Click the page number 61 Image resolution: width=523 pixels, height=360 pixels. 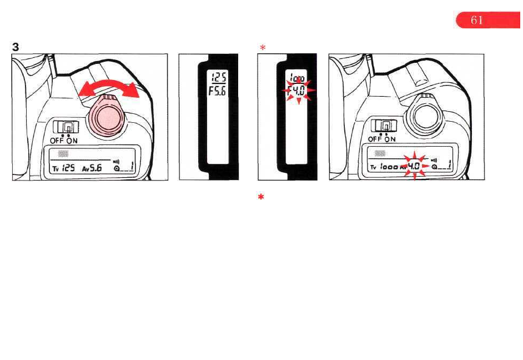(476, 21)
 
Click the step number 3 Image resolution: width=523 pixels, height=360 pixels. (16, 47)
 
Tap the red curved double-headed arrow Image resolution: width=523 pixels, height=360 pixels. (108, 88)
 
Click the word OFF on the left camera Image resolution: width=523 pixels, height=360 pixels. (57, 141)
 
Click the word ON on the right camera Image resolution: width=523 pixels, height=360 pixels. (389, 139)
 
